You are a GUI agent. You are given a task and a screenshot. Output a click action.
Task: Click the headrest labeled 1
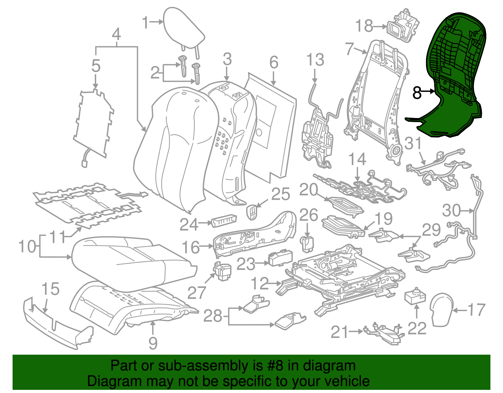click(184, 28)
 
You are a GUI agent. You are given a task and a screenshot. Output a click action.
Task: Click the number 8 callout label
click(417, 93)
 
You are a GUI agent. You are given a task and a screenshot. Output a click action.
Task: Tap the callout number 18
click(364, 26)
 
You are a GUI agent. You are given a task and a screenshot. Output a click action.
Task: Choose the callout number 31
click(413, 143)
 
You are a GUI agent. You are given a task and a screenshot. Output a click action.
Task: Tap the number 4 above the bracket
click(116, 34)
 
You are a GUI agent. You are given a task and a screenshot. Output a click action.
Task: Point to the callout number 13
click(315, 60)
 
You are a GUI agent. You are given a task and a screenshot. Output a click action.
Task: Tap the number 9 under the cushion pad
click(153, 343)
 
